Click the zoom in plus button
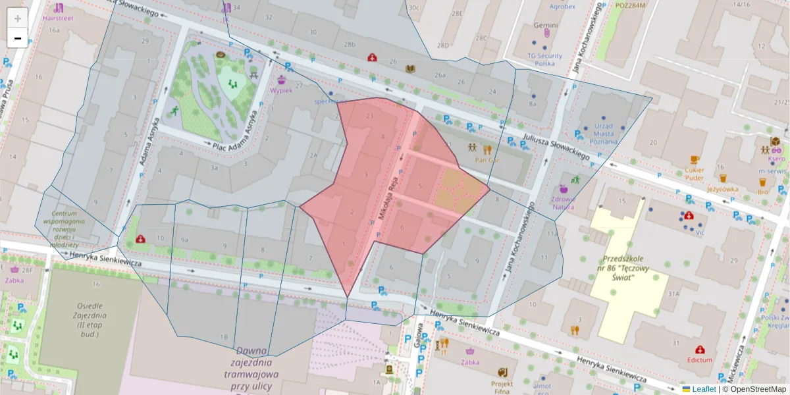(18, 18)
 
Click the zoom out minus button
(18, 38)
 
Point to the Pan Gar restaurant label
(487, 159)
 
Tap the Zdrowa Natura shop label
(564, 202)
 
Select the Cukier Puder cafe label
(694, 173)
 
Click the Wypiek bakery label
(281, 90)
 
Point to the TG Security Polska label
(544, 60)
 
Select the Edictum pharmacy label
(699, 360)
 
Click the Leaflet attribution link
(704, 389)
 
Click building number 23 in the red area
(369, 116)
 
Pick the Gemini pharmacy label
(546, 26)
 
